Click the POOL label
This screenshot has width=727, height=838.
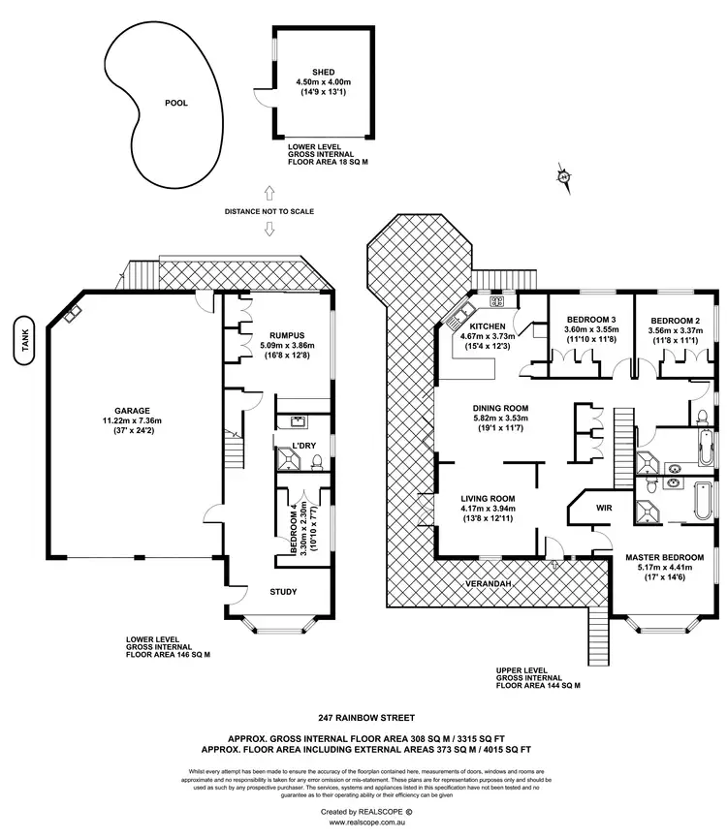point(175,103)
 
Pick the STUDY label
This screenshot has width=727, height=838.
point(283,592)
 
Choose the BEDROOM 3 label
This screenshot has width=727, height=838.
point(590,320)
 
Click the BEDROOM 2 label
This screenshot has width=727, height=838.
point(675,320)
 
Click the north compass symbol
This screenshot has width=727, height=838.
point(562,176)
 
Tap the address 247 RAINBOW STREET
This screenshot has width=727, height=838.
point(363,719)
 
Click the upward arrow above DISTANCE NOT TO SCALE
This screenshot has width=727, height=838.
point(269,195)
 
